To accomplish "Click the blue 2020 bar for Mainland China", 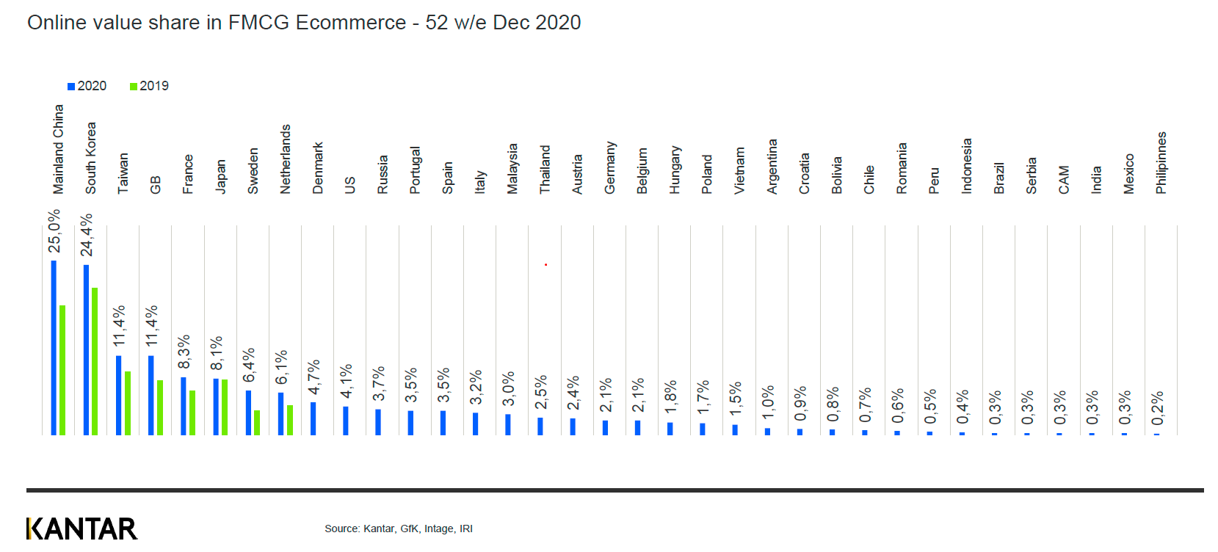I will point(54,348).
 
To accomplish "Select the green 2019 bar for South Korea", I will point(95,361).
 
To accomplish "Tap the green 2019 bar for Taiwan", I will point(128,403).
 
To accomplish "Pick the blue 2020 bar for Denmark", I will point(313,418).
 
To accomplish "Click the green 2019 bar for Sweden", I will point(257,423).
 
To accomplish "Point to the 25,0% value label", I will point(54,231).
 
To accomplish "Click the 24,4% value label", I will point(87,234).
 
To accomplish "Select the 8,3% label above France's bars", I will point(184,352).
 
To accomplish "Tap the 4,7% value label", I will point(313,377).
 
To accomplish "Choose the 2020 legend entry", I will point(87,86).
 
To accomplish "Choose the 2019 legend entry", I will point(149,86).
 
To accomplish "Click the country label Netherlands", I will point(286,159).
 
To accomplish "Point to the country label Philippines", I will point(1161,163).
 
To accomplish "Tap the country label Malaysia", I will point(512,168).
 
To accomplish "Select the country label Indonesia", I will point(967,166).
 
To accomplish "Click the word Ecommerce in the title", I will point(350,23).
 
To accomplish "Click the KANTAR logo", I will point(81,529).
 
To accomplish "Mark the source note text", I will point(399,529).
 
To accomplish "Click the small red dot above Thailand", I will point(545,264).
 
